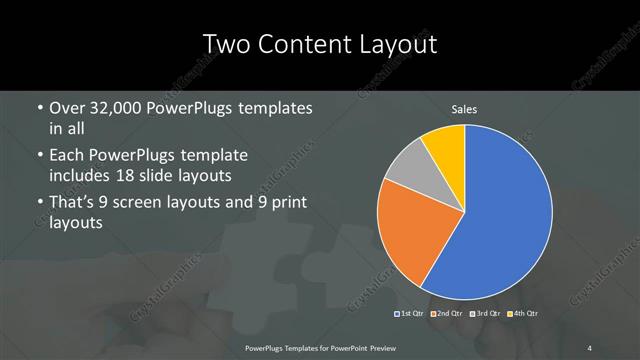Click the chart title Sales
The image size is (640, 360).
[x=464, y=109]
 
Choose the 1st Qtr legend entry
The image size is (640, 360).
[x=410, y=314]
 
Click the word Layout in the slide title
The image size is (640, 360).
[x=392, y=45]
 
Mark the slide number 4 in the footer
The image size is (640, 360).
[x=590, y=347]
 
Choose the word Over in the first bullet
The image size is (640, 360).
[x=67, y=108]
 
